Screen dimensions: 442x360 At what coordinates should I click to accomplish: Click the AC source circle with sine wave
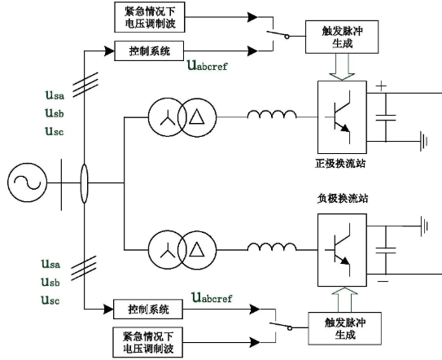[27, 182]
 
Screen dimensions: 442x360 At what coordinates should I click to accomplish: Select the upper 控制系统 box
[149, 50]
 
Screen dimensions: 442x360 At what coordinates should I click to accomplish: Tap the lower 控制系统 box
[148, 310]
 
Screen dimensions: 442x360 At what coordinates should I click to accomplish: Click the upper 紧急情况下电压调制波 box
[150, 17]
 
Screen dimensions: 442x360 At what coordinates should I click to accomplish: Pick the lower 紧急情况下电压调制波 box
[148, 343]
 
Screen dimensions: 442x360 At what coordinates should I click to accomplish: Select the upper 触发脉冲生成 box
[342, 37]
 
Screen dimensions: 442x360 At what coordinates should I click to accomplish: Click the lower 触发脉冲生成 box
[345, 328]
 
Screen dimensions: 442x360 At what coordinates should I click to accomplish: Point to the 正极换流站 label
[340, 164]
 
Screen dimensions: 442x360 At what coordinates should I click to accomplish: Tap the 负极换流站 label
[343, 199]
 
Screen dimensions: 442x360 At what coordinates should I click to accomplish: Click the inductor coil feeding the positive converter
[272, 114]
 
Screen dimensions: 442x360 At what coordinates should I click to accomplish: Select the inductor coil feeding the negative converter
[272, 247]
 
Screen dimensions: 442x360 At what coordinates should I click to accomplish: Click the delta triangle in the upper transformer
[197, 116]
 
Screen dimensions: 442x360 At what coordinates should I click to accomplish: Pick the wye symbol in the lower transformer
[168, 250]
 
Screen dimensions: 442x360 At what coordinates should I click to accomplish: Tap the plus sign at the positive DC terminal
[381, 86]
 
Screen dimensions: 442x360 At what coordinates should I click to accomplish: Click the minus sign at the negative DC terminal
[383, 281]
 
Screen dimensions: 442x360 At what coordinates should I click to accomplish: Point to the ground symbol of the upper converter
[423, 141]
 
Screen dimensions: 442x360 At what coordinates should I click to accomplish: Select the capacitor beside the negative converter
[386, 250]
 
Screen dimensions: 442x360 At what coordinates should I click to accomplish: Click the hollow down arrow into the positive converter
[342, 67]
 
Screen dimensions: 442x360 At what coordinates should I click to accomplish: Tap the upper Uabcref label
[208, 65]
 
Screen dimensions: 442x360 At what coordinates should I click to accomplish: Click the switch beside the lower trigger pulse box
[281, 326]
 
